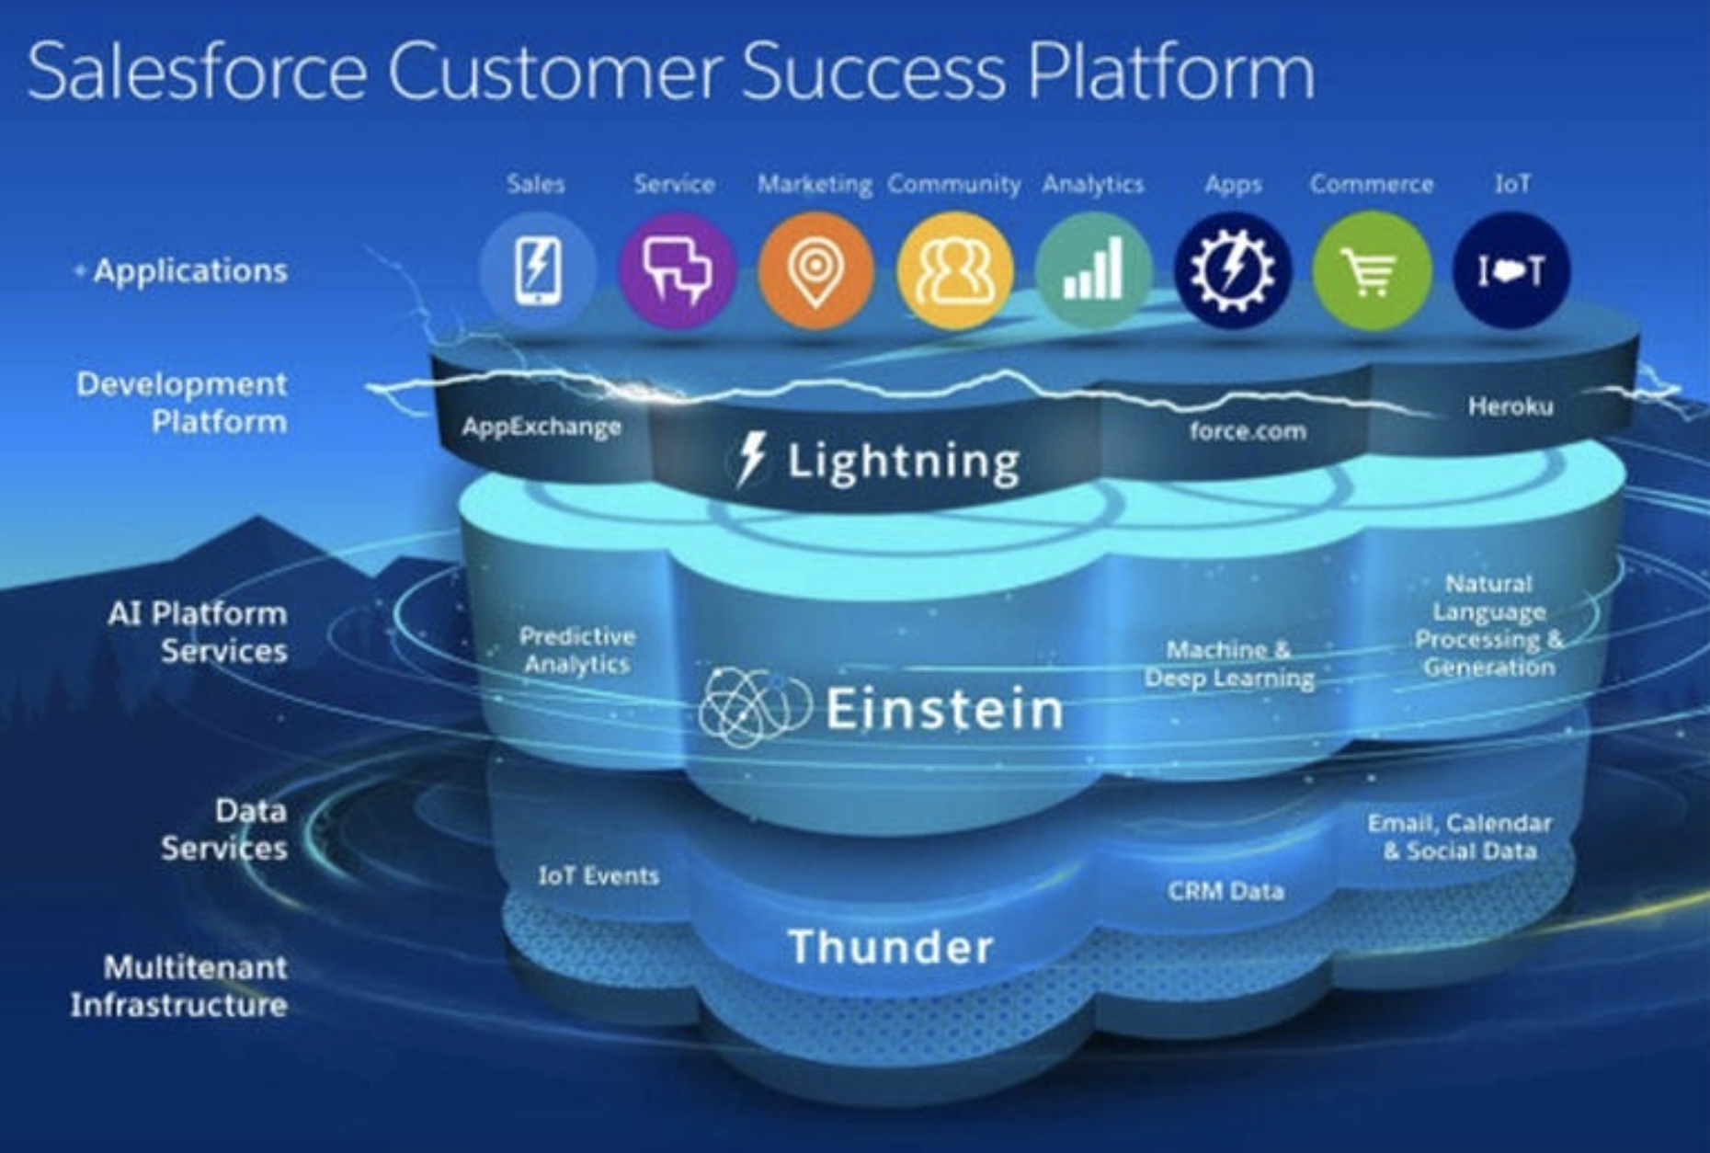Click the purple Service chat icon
[677, 270]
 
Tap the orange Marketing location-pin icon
[815, 270]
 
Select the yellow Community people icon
[955, 270]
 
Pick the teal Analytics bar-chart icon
[1093, 270]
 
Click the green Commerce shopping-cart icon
[1372, 270]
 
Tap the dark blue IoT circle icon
[1511, 270]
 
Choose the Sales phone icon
[538, 270]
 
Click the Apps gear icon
[1233, 270]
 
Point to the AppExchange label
[541, 427]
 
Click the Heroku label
[1510, 405]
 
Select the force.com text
[1248, 430]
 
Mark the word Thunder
[891, 947]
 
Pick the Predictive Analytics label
[577, 650]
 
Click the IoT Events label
[598, 876]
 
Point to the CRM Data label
[1225, 891]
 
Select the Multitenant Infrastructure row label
[179, 986]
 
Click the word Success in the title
[873, 72]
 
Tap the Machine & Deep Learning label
[1229, 664]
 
